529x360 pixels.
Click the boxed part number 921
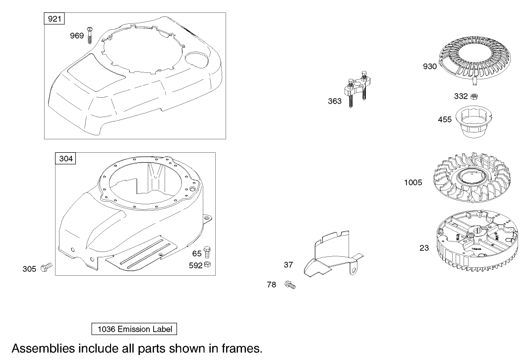(x=55, y=18)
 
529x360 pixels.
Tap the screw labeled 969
(x=90, y=35)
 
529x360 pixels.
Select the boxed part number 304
(x=65, y=158)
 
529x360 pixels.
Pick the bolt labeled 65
(x=208, y=252)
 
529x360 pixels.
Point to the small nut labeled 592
(x=208, y=264)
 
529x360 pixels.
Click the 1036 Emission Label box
(x=134, y=329)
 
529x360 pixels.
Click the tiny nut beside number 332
(x=474, y=96)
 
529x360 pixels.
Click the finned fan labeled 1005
(x=472, y=178)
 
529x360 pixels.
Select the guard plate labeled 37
(x=333, y=254)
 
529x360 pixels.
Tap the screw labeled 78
(x=290, y=285)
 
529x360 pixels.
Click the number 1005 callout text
(x=413, y=182)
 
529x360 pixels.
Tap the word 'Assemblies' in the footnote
(x=43, y=348)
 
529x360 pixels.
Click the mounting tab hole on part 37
(x=353, y=270)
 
